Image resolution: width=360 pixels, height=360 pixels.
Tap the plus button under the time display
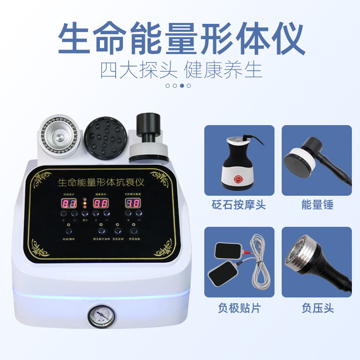tap(63, 214)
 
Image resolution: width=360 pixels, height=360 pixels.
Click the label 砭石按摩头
tap(239, 205)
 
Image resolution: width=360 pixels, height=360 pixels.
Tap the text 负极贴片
tap(239, 308)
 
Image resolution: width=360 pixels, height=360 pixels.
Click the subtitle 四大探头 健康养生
tap(181, 70)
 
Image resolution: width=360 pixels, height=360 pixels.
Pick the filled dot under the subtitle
tap(182, 85)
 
